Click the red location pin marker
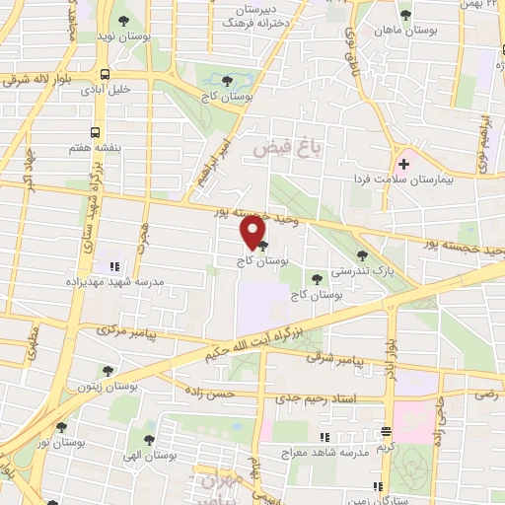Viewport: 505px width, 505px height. pos(252,233)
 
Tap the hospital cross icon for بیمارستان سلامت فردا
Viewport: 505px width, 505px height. pos(403,163)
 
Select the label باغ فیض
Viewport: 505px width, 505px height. pos(281,149)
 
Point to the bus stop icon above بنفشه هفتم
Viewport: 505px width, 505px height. pos(95,131)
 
